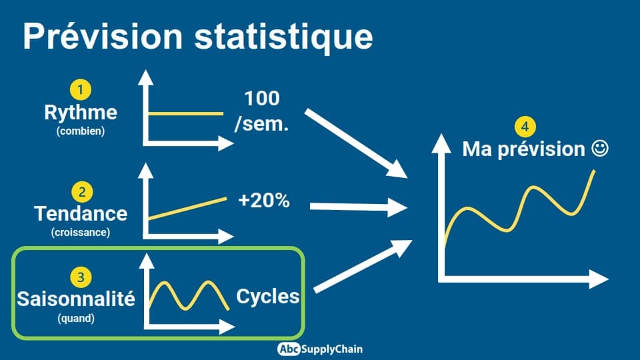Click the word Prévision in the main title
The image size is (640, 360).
point(103,37)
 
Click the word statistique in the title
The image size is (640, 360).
point(283,38)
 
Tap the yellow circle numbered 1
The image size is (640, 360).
point(81,90)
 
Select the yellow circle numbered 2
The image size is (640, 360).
point(82,192)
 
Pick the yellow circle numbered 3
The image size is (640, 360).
point(81,277)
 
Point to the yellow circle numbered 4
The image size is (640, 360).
point(525,127)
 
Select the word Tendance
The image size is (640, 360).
point(81,213)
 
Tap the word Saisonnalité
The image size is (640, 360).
point(76,299)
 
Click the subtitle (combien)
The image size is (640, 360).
point(81,131)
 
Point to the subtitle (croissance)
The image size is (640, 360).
point(81,232)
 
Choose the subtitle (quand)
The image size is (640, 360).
point(76,318)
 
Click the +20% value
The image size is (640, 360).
point(264,201)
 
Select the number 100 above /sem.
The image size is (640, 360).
point(262,99)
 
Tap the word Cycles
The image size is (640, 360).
point(268,296)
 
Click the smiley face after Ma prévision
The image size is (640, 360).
point(600,148)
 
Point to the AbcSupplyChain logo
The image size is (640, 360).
point(319,349)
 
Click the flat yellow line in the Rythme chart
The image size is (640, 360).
point(186,113)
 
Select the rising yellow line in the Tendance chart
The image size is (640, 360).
point(187,209)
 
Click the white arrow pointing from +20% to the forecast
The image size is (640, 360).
point(359,207)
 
